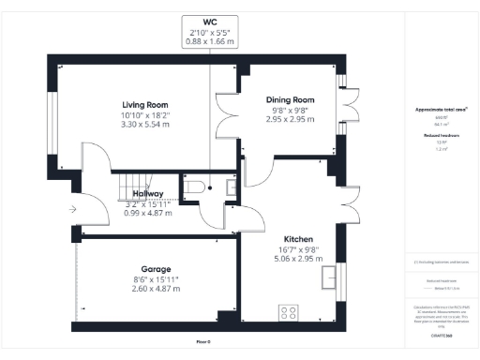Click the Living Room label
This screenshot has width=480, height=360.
[144, 104]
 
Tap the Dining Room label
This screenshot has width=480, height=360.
[289, 100]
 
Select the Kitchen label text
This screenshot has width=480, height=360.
[299, 239]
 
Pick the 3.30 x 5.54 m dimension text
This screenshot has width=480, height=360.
[144, 125]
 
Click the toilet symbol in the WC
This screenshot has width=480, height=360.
[193, 189]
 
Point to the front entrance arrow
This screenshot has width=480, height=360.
[73, 209]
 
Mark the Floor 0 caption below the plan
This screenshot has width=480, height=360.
[203, 342]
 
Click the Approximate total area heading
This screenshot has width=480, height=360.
[441, 110]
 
